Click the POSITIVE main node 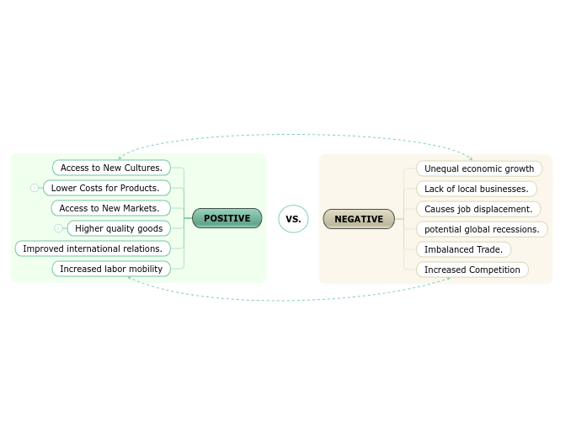(x=227, y=218)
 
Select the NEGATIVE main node (x=359, y=219)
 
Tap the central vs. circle (x=293, y=219)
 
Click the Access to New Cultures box (x=111, y=168)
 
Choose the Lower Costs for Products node (x=106, y=188)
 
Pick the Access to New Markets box (x=110, y=208)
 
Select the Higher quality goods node (x=119, y=228)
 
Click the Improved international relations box (x=93, y=248)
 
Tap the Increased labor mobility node (x=111, y=269)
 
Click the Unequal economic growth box (x=479, y=168)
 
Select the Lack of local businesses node (x=476, y=189)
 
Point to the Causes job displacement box (x=478, y=209)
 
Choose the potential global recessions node (x=482, y=229)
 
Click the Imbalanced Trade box (x=463, y=249)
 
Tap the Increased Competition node (x=472, y=270)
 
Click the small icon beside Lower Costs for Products (x=35, y=188)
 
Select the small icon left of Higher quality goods (x=58, y=228)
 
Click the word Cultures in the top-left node (x=143, y=168)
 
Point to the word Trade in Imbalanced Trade (x=489, y=249)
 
